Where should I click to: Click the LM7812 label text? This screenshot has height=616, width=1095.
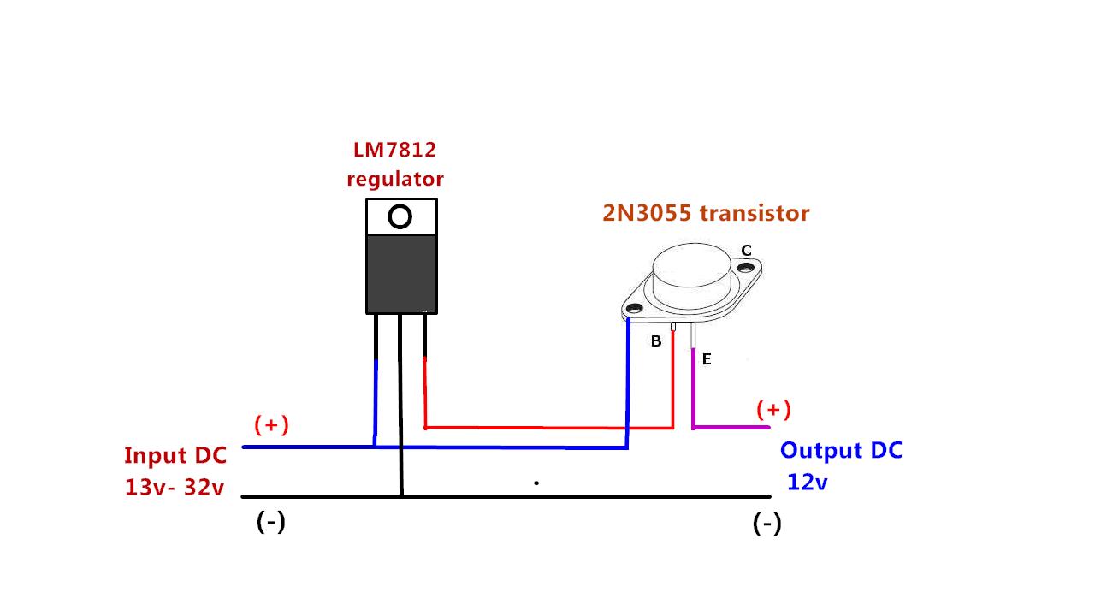pyautogui.click(x=394, y=150)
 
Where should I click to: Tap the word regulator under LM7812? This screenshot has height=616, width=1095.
pyautogui.click(x=395, y=180)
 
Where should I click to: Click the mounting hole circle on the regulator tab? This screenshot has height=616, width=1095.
pyautogui.click(x=400, y=216)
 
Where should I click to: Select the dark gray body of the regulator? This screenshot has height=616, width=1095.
pyautogui.click(x=401, y=274)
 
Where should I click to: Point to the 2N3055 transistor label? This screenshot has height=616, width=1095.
pyautogui.click(x=706, y=213)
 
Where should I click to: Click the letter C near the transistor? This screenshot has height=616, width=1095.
pyautogui.click(x=746, y=251)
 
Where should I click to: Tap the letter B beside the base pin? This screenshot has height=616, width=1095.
pyautogui.click(x=656, y=341)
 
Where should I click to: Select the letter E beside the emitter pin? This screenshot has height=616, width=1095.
pyautogui.click(x=707, y=359)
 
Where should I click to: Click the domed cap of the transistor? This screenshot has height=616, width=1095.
pyautogui.click(x=691, y=266)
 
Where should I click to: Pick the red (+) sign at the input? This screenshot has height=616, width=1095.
pyautogui.click(x=271, y=425)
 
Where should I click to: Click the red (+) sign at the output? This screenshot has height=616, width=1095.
pyautogui.click(x=773, y=409)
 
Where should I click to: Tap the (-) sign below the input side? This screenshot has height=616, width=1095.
pyautogui.click(x=271, y=522)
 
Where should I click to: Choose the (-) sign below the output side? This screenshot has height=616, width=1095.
pyautogui.click(x=767, y=524)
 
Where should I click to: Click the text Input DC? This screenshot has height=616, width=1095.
pyautogui.click(x=175, y=456)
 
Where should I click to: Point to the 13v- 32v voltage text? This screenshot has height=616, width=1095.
pyautogui.click(x=175, y=487)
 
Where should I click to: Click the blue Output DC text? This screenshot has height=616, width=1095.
pyautogui.click(x=841, y=451)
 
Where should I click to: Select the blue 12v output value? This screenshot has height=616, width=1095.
pyautogui.click(x=807, y=483)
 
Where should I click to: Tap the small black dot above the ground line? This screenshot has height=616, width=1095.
pyautogui.click(x=536, y=483)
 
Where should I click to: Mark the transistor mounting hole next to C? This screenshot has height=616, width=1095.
pyautogui.click(x=746, y=268)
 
